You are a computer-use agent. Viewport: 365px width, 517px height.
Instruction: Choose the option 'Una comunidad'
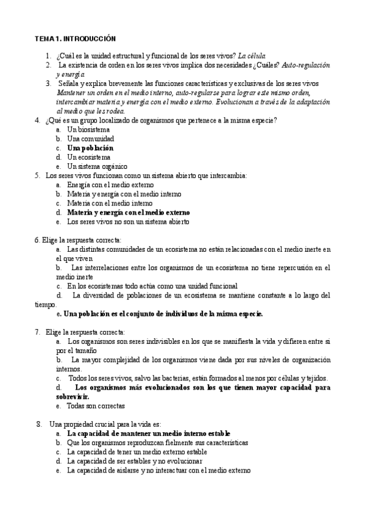91,138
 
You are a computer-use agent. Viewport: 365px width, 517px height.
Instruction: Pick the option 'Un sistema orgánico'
97,166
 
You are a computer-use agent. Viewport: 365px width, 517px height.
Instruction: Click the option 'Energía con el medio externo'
110,185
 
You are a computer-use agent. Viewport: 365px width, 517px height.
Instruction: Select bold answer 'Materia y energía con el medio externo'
129,212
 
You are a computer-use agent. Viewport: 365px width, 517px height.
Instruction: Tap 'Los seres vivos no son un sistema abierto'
128,221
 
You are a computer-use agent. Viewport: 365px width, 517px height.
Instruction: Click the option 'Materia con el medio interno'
110,203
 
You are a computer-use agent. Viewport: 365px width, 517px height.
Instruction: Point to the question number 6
37,240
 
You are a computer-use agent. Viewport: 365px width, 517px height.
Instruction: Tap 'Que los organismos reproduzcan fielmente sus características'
157,443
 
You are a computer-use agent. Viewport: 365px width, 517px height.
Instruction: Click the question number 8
39,424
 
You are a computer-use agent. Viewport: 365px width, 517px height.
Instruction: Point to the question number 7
38,332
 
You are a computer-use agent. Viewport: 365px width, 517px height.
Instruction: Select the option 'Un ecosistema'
89,157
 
